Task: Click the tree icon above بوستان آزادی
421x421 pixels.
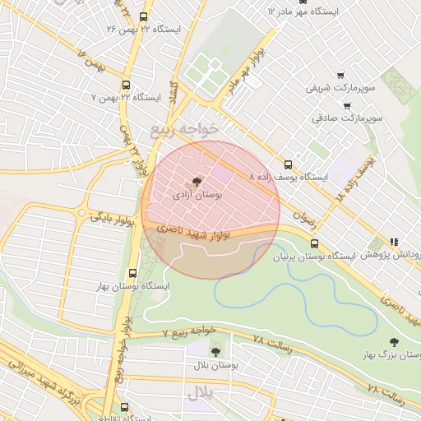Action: coord(197,182)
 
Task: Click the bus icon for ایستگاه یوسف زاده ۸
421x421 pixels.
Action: coord(288,163)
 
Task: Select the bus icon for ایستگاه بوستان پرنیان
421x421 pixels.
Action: coord(314,243)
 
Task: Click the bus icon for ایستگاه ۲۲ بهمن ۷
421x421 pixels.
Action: coord(126,84)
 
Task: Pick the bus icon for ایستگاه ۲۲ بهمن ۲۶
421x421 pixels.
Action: coord(144,16)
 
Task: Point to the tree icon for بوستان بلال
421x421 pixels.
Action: coord(215,351)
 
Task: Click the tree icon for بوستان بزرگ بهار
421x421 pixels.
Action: coord(395,341)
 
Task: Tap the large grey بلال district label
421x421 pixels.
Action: coord(199,393)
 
